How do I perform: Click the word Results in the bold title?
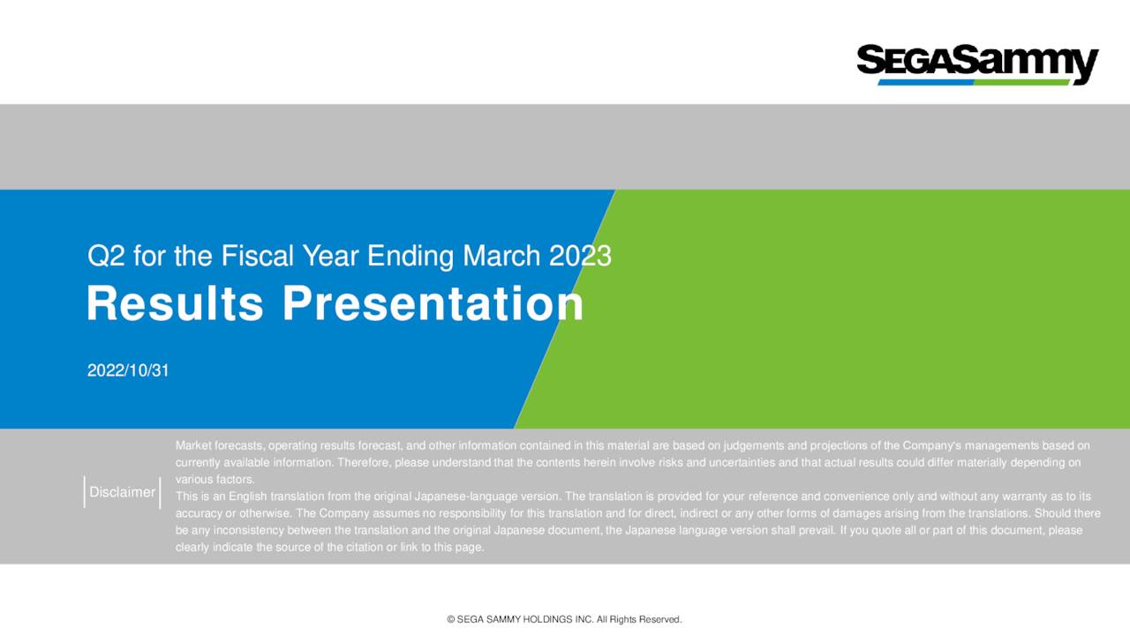[x=175, y=304]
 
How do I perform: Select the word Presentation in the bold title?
[x=433, y=304]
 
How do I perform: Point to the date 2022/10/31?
[x=128, y=371]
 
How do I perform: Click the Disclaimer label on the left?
[x=123, y=492]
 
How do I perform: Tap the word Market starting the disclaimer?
[x=193, y=445]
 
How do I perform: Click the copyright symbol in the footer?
[x=451, y=620]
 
